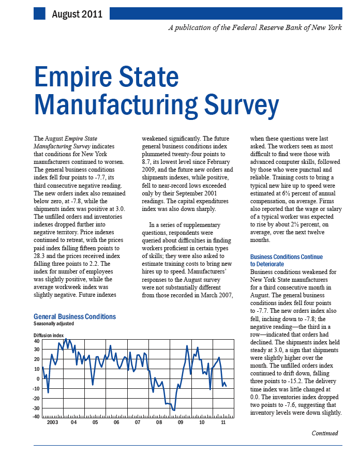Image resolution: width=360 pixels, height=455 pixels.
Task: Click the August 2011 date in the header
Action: click(x=77, y=14)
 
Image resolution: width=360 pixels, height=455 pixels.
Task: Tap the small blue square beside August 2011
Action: click(x=39, y=13)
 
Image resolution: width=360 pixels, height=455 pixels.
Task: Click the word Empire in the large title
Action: click(x=73, y=77)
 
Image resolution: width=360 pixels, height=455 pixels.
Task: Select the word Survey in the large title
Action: click(x=242, y=105)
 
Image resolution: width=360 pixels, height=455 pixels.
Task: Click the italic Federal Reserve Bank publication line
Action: click(x=255, y=27)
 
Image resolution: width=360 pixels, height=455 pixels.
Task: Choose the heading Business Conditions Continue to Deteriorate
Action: click(x=286, y=260)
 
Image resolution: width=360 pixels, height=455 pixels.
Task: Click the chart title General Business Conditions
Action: click(x=74, y=316)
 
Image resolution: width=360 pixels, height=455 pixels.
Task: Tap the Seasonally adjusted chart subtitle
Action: click(x=54, y=324)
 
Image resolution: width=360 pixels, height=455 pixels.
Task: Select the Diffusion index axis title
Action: click(x=49, y=336)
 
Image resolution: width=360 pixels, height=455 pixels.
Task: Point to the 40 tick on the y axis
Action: click(x=37, y=341)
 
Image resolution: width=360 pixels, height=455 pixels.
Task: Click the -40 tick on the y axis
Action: click(x=36, y=417)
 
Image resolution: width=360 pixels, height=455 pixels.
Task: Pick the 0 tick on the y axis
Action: click(x=38, y=378)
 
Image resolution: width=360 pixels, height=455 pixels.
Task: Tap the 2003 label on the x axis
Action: click(x=53, y=422)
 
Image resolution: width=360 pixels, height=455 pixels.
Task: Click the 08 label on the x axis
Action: click(x=159, y=422)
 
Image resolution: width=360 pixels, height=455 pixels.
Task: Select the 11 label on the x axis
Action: click(x=223, y=422)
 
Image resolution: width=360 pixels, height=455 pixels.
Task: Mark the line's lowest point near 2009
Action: click(x=174, y=411)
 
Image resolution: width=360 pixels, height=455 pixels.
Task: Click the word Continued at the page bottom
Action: click(x=325, y=433)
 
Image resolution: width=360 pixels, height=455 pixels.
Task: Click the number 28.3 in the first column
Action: click(x=39, y=256)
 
